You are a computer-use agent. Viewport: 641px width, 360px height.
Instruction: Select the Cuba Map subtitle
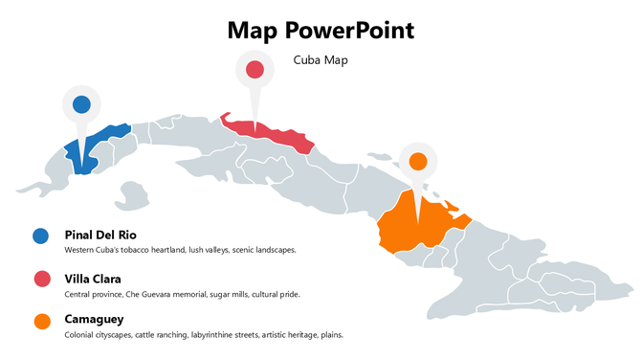[x=320, y=60]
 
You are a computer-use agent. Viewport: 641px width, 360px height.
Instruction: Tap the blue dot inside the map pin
[x=81, y=104]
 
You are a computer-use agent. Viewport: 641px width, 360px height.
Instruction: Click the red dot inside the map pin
[x=254, y=69]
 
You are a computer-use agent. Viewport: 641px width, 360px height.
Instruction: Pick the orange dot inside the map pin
[x=418, y=161]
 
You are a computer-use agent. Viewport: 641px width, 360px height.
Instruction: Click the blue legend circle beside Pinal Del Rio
[x=41, y=236]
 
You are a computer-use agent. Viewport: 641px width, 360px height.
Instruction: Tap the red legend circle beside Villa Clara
[x=41, y=279]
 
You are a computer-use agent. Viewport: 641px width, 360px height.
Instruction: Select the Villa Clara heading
[x=93, y=278]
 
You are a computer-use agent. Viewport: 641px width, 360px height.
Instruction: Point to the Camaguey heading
[x=94, y=319]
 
